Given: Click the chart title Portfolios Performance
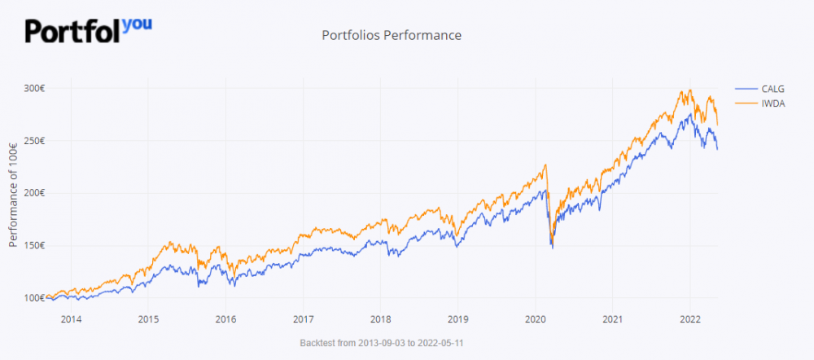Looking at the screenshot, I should click(392, 35).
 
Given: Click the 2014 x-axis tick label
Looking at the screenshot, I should click(71, 318).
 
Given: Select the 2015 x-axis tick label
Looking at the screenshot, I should click(148, 318).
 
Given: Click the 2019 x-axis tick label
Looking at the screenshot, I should click(458, 318).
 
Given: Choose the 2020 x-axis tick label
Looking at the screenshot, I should click(536, 318).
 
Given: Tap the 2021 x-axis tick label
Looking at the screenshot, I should click(613, 318).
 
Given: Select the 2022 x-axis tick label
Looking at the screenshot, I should click(690, 318).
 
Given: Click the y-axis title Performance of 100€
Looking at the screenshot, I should click(14, 193).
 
